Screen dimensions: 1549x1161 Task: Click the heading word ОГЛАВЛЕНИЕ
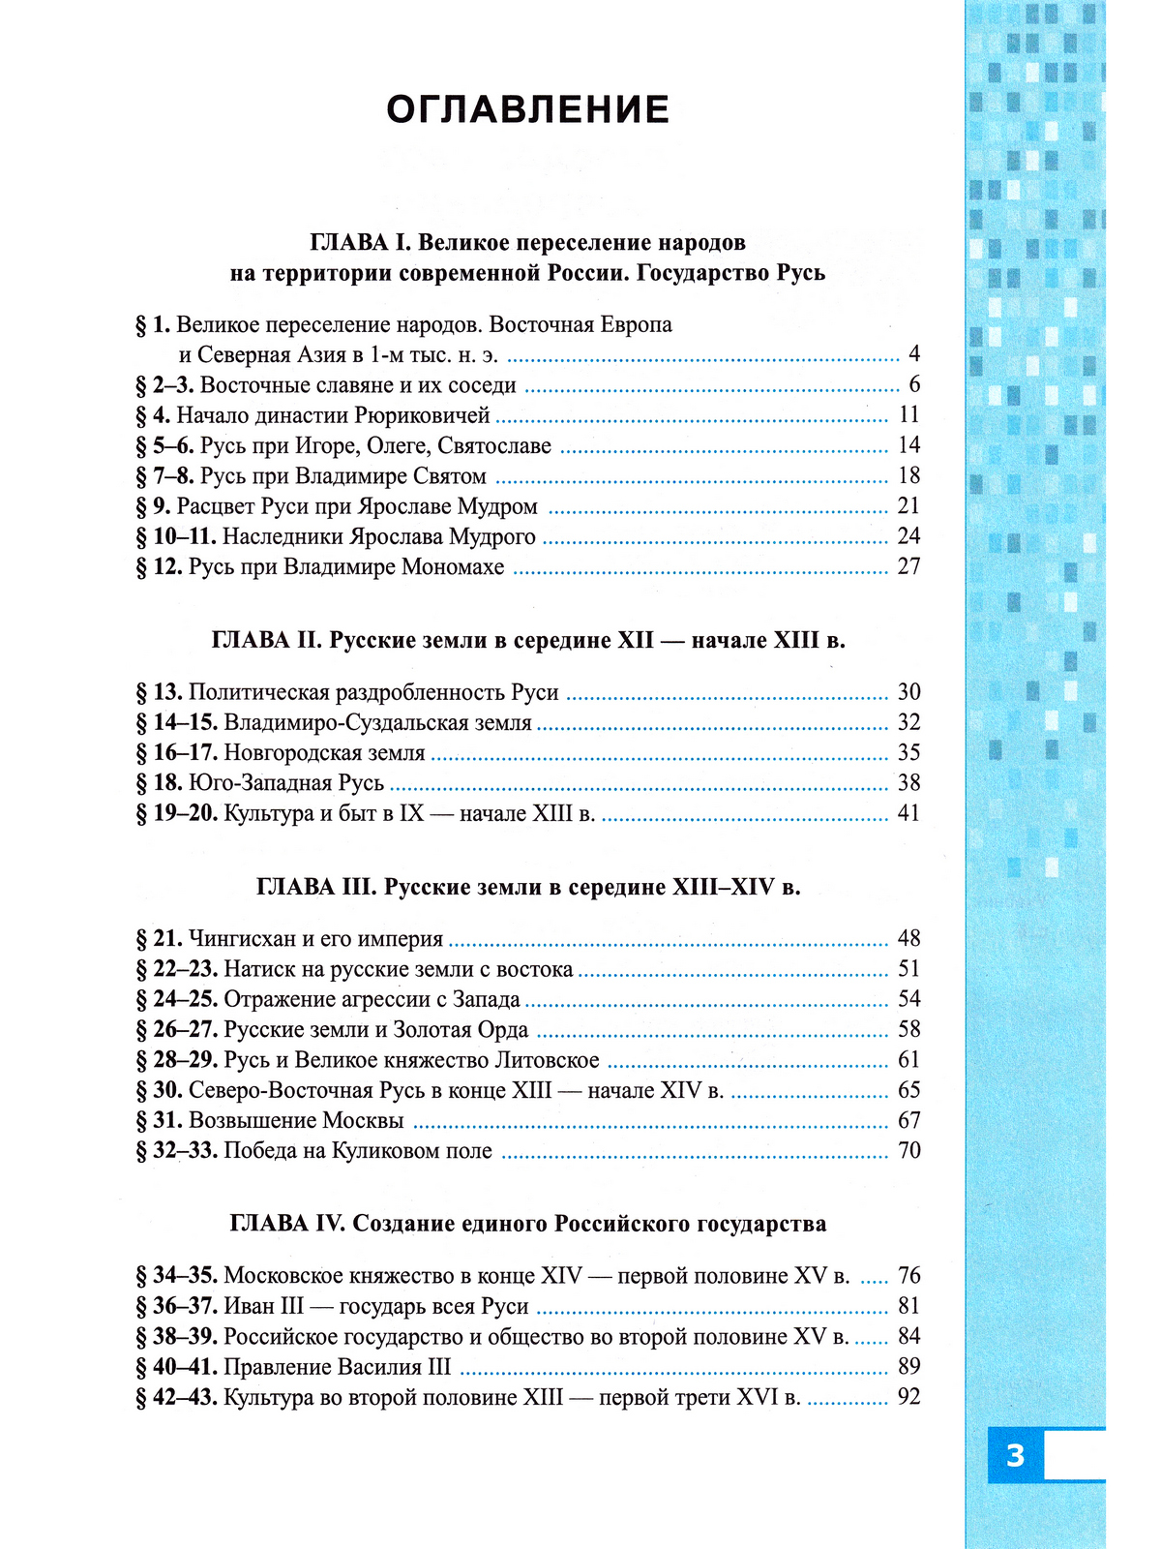coord(527,110)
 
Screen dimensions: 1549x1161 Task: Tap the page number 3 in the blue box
coord(1015,1455)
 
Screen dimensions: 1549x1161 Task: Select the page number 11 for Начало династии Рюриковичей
coord(908,415)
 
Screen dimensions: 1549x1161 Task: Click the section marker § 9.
coord(154,506)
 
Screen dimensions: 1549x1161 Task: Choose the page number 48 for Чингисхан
coord(908,938)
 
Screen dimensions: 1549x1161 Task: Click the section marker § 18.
coord(160,783)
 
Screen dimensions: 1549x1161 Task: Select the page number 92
coord(908,1397)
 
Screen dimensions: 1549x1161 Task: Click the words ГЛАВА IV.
coord(287,1224)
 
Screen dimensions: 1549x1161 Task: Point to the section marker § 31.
coord(160,1121)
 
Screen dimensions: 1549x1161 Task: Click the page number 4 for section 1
coord(914,354)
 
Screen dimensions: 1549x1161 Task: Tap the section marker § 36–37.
coord(177,1307)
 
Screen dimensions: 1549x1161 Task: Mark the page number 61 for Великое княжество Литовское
coord(908,1060)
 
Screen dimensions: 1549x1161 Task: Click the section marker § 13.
coord(160,692)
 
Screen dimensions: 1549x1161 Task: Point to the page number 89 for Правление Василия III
coord(908,1367)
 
